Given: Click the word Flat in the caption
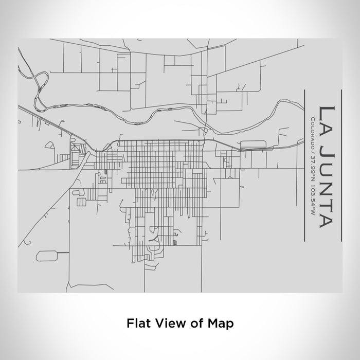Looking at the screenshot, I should tap(137, 323).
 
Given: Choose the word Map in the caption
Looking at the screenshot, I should tap(221, 323).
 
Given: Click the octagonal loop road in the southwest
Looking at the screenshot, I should tap(46, 255).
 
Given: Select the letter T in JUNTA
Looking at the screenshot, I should tap(327, 202).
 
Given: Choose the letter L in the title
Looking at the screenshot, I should tap(327, 111).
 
